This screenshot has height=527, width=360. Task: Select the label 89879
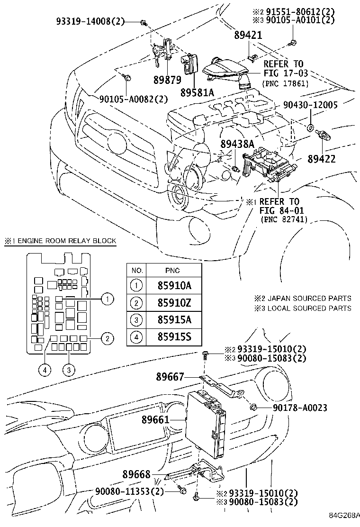(x=167, y=80)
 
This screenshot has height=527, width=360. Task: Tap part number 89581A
(x=197, y=92)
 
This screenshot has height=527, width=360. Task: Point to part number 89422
(x=321, y=159)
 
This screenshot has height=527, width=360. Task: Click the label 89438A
(x=237, y=144)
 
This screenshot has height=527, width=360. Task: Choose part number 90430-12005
(x=310, y=105)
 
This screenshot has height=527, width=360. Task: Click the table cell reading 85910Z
(x=174, y=303)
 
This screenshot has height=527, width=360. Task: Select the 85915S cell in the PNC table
(x=174, y=337)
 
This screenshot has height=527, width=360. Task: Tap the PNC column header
(x=172, y=271)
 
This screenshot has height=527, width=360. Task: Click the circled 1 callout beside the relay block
(x=108, y=299)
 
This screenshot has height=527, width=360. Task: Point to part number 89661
(x=155, y=420)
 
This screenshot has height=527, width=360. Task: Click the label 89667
(x=170, y=377)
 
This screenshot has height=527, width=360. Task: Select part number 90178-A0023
(x=300, y=408)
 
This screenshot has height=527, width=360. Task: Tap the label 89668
(x=136, y=474)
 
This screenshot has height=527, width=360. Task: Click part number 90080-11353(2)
(x=129, y=491)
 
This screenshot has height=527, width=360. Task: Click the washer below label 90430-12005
(x=311, y=127)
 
